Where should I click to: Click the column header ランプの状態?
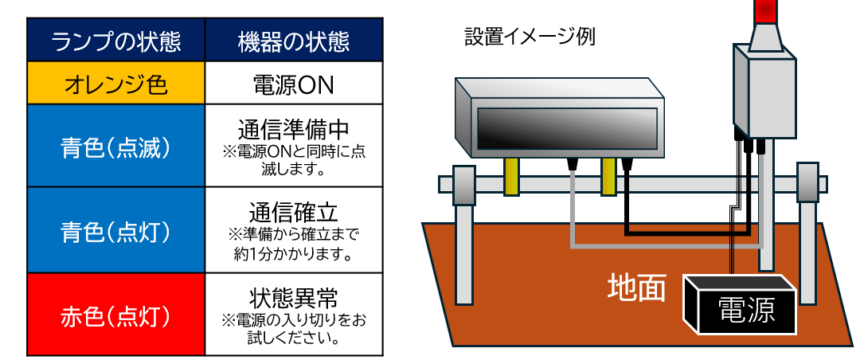pos(116,41)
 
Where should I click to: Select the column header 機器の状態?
pos(293,41)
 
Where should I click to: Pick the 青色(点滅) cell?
pos(116,147)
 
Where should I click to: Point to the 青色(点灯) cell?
pos(116,231)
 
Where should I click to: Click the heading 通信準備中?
pos(293,129)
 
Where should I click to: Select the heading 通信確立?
pos(293,212)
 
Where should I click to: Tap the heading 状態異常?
pos(293,298)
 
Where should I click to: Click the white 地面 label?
pos(636,288)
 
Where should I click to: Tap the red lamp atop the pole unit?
pos(764,10)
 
